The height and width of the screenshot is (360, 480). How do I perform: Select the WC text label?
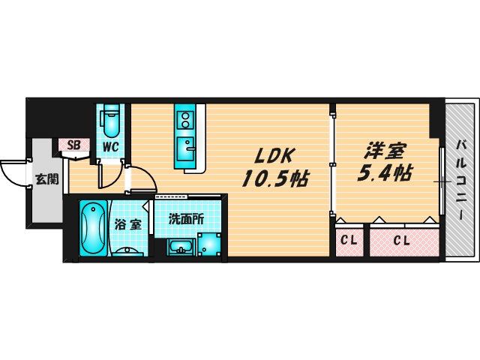tap(112, 145)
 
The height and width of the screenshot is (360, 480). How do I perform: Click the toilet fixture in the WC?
tap(111, 120)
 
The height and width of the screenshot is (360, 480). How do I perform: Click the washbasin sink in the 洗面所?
tap(179, 247)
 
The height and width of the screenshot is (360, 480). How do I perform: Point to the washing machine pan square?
tap(209, 244)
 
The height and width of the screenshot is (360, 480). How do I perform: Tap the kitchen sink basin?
tap(184, 144)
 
